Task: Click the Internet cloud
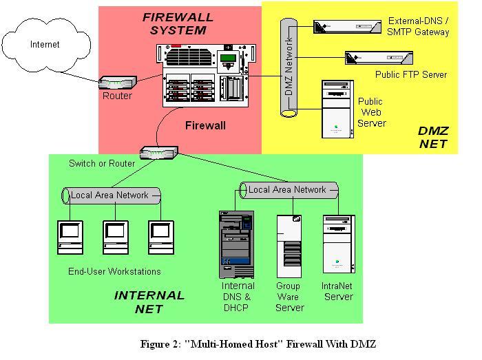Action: coord(45,45)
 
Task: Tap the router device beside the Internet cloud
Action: coord(116,83)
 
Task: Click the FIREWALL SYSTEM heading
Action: coord(178,23)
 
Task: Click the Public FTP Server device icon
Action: coord(379,58)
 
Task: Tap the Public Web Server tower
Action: coord(336,109)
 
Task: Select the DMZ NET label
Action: coord(433,137)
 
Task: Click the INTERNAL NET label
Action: coord(149,302)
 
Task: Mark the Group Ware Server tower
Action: coord(289,246)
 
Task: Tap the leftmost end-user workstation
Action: coord(71,237)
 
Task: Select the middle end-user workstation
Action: coord(116,237)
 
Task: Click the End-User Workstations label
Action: coord(114,271)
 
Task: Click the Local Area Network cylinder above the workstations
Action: coord(110,195)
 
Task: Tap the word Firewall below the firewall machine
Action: coord(205,126)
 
